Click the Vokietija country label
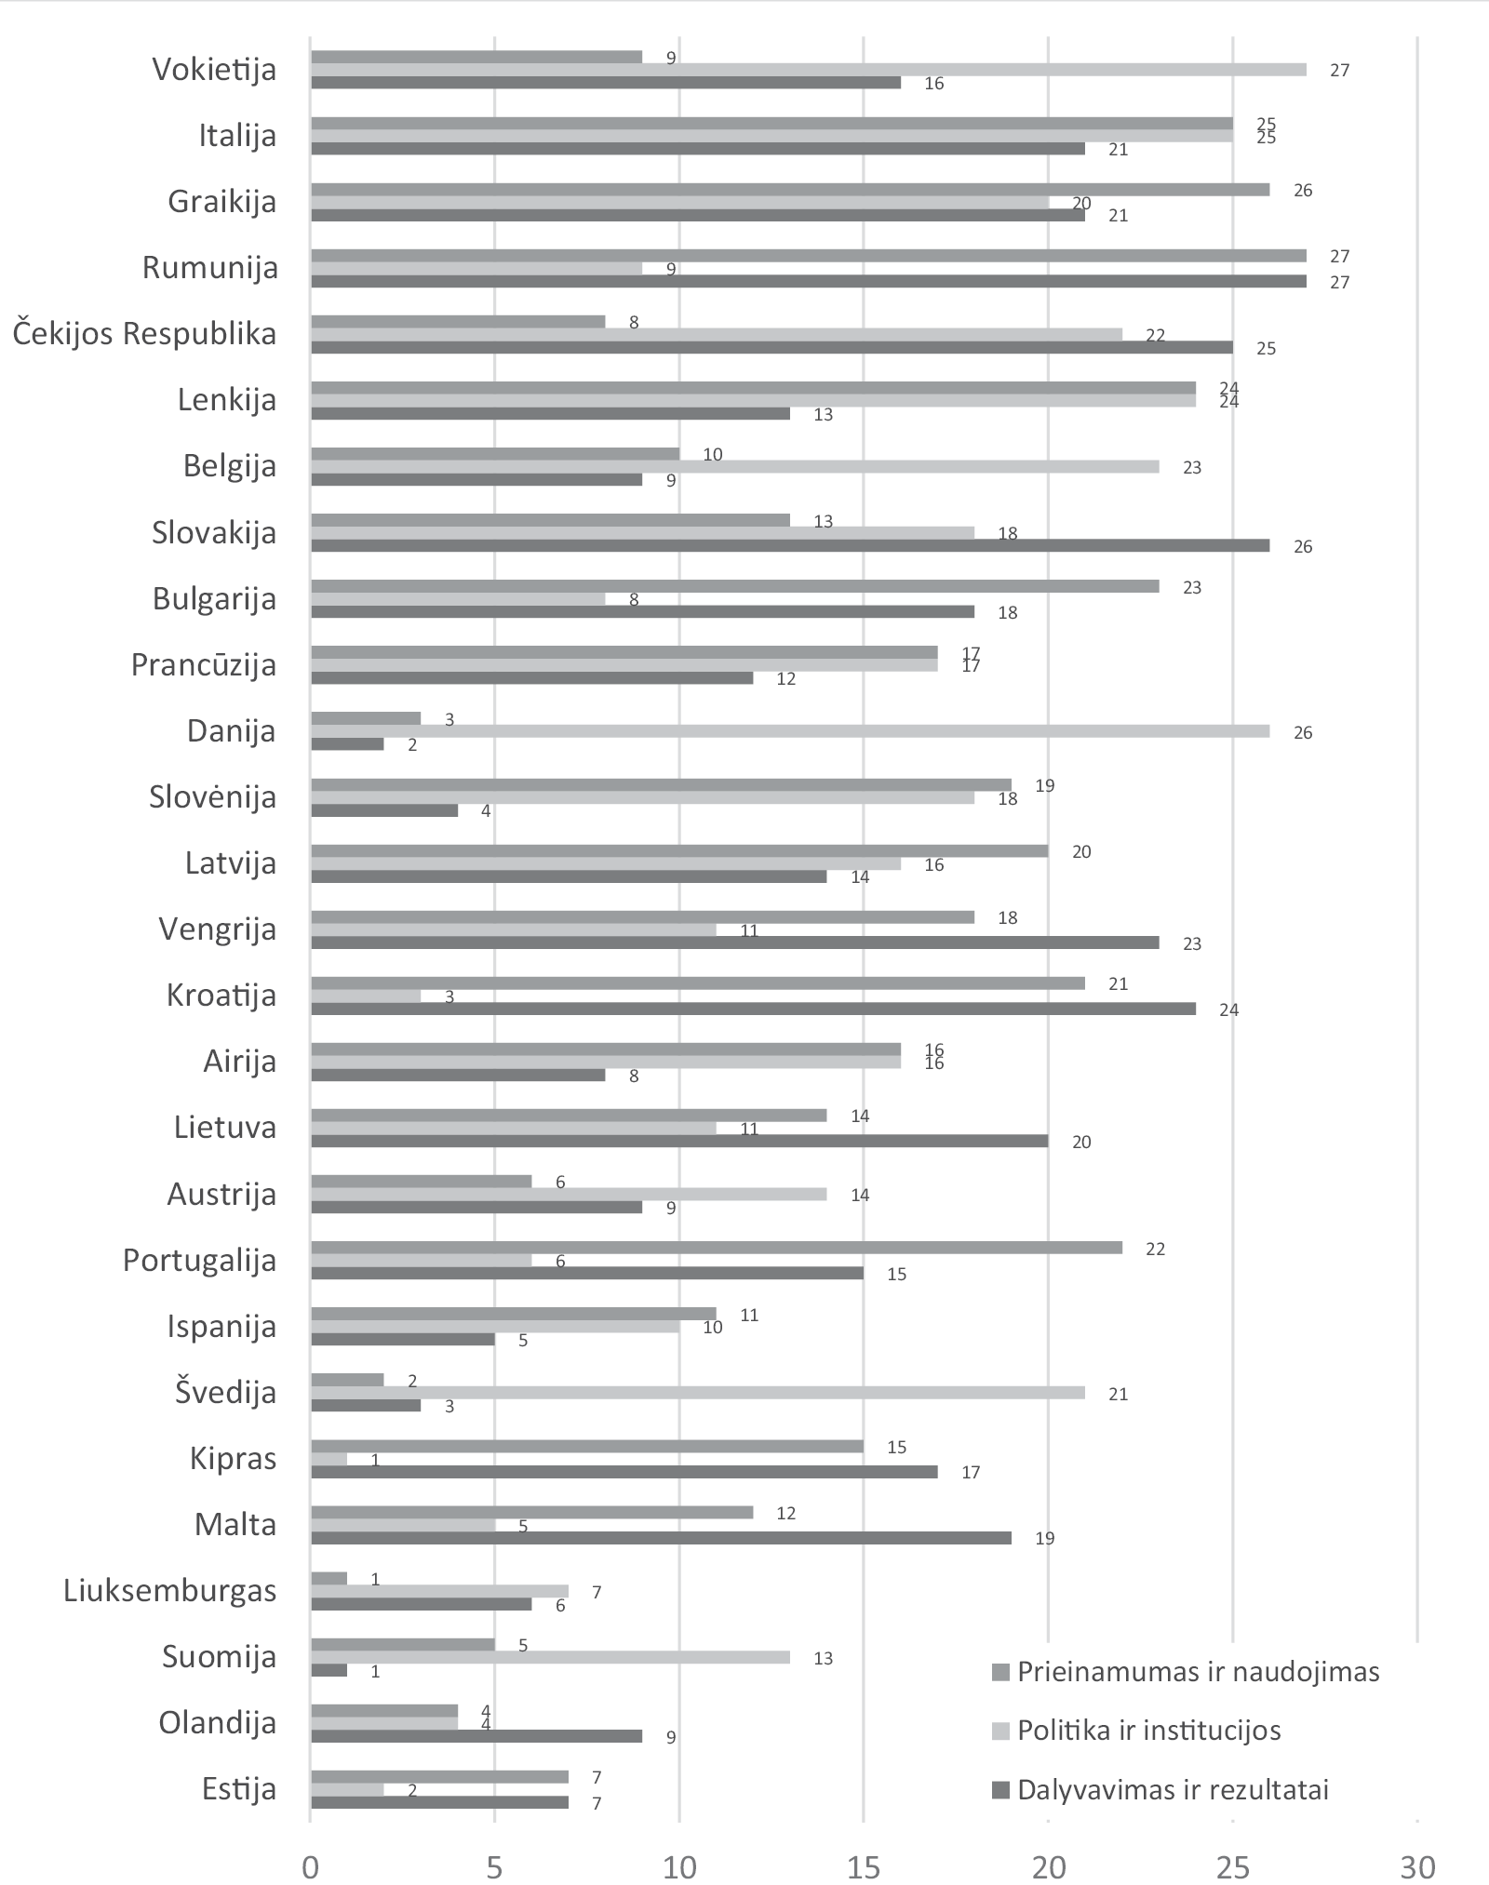click(214, 70)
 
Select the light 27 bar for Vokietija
click(808, 70)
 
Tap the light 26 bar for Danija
click(789, 731)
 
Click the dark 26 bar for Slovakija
click(789, 546)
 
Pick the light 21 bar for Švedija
click(697, 1393)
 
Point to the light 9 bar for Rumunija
click(476, 269)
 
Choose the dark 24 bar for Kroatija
click(752, 1009)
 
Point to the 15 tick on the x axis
click(864, 1866)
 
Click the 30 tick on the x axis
click(1416, 1866)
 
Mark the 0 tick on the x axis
click(310, 1866)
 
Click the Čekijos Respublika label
click(144, 334)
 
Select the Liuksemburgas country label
click(169, 1590)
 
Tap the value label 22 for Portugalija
click(1155, 1249)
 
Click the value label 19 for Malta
click(1044, 1538)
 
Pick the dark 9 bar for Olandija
click(476, 1736)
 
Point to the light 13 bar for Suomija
click(549, 1657)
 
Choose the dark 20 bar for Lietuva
click(678, 1141)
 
